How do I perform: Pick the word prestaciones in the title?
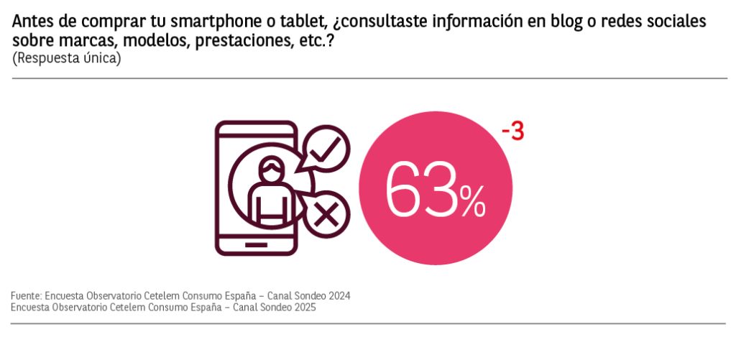tap(241, 41)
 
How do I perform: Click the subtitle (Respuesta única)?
tap(66, 59)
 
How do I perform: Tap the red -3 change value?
tap(512, 132)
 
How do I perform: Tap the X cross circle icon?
tap(327, 214)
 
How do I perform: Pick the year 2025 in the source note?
tap(304, 307)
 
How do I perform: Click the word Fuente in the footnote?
tap(26, 295)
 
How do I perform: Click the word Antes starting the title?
tap(32, 22)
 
